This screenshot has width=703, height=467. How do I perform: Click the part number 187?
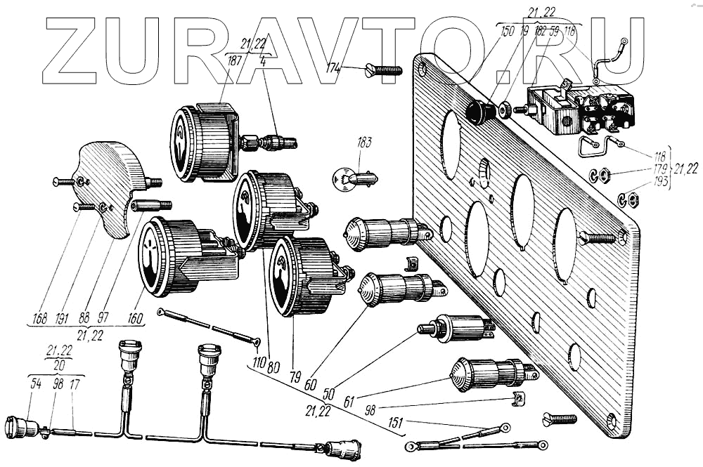pos(235,61)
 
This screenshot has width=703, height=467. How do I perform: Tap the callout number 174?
pos(335,68)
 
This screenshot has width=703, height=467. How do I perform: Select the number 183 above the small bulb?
pos(364,143)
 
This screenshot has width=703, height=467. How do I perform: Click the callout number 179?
pos(659,171)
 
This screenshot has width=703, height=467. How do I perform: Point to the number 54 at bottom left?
pos(35,383)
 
